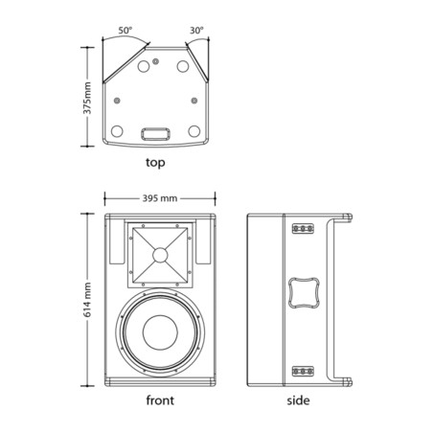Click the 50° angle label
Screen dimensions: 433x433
[x=125, y=31]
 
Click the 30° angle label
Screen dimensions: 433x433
[x=196, y=31]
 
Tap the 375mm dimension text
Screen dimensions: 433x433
[x=87, y=98]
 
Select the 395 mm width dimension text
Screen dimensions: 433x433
[x=160, y=198]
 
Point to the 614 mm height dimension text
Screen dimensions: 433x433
[x=87, y=300]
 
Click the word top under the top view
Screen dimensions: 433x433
[x=155, y=163]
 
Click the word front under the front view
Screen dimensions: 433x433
[x=160, y=400]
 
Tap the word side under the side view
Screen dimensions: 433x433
[x=298, y=400]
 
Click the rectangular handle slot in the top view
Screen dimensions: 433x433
[x=155, y=134]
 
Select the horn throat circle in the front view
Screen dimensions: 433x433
[x=160, y=255]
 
